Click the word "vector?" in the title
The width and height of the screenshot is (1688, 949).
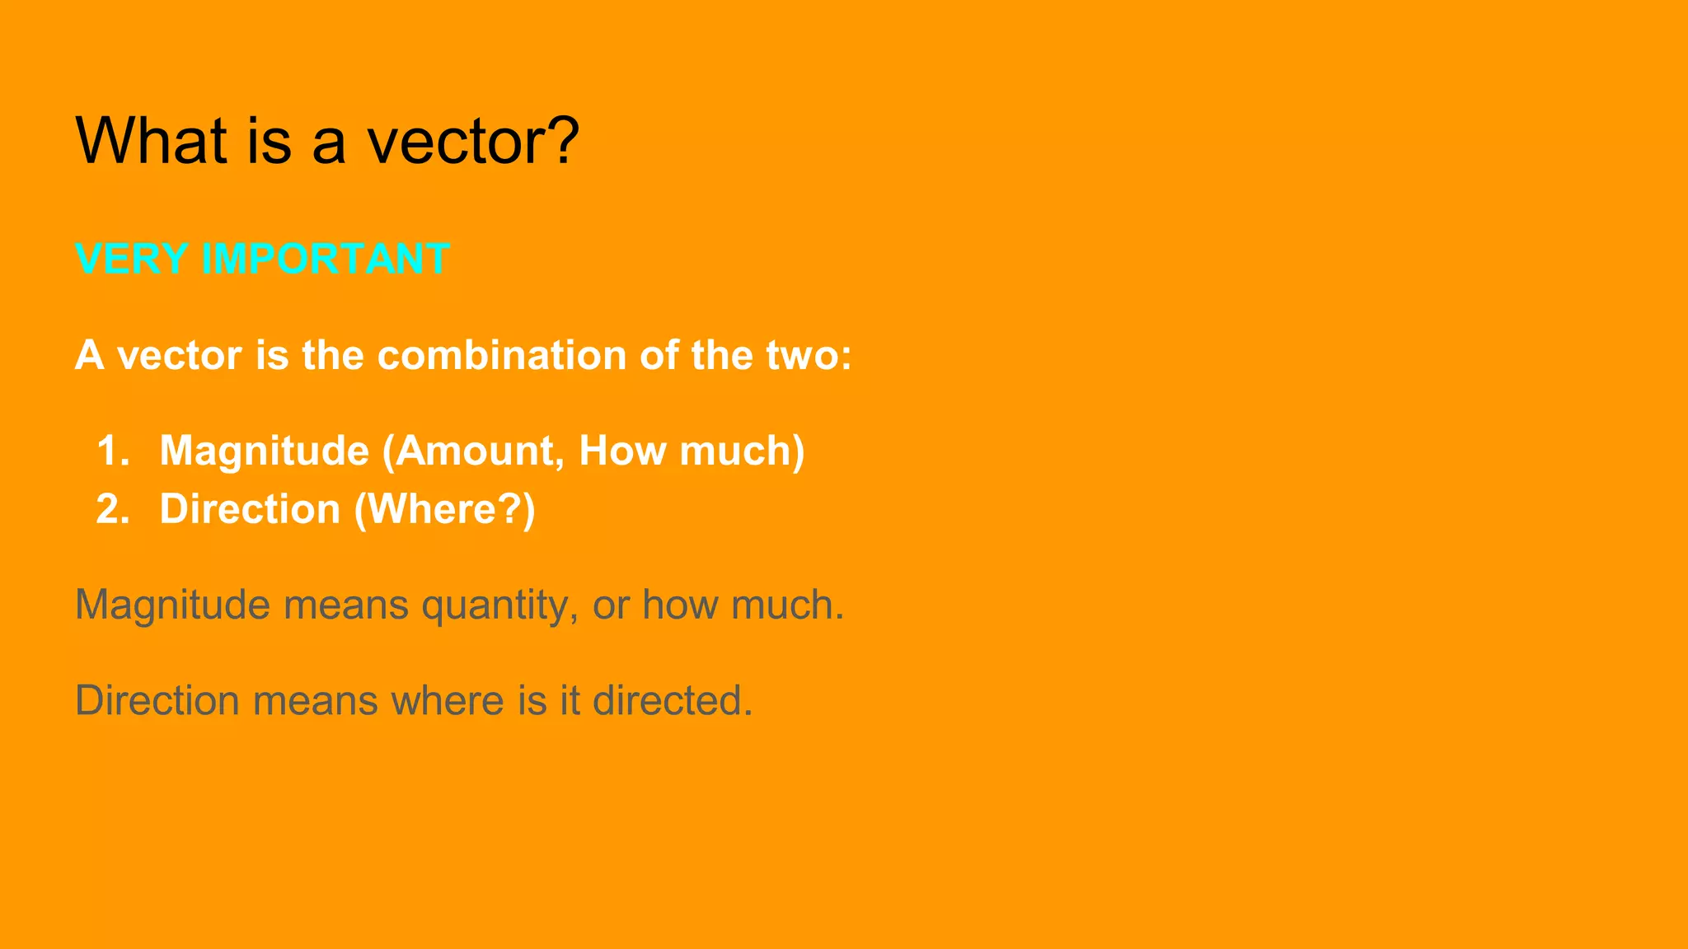coord(473,141)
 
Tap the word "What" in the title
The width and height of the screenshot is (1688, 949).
coord(151,141)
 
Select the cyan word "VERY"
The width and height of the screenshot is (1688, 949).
coord(131,259)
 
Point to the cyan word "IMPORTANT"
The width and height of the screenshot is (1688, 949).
coord(326,259)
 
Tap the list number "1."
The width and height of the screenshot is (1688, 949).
coord(113,451)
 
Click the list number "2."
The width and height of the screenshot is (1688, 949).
coord(113,509)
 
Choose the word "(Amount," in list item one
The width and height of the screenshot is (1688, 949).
coord(473,451)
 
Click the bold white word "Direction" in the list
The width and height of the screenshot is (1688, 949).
coord(250,509)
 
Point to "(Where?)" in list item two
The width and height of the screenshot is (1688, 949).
coord(445,509)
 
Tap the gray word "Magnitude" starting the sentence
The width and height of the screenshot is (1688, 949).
coord(172,605)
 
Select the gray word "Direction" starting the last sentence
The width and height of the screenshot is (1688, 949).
coord(157,700)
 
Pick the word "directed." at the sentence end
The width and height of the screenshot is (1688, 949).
coord(673,700)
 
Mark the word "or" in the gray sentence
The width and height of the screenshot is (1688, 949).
coord(611,605)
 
